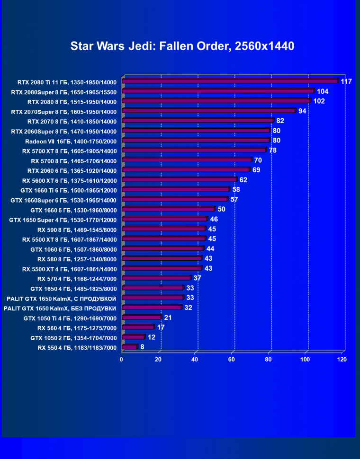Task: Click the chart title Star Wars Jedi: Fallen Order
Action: [182, 46]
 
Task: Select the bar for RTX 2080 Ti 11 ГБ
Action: [230, 81]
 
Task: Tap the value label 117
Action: [346, 82]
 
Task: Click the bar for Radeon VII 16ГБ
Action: [196, 141]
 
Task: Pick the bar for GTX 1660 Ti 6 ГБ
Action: [176, 190]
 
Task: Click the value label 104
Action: [323, 91]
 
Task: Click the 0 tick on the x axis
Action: [122, 360]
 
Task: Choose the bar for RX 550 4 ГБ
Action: [129, 347]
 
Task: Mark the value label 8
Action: [142, 347]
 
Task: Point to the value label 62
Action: [243, 180]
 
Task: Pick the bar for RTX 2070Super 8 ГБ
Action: [208, 111]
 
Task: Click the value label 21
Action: [168, 318]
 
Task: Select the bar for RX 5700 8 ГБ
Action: [187, 160]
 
